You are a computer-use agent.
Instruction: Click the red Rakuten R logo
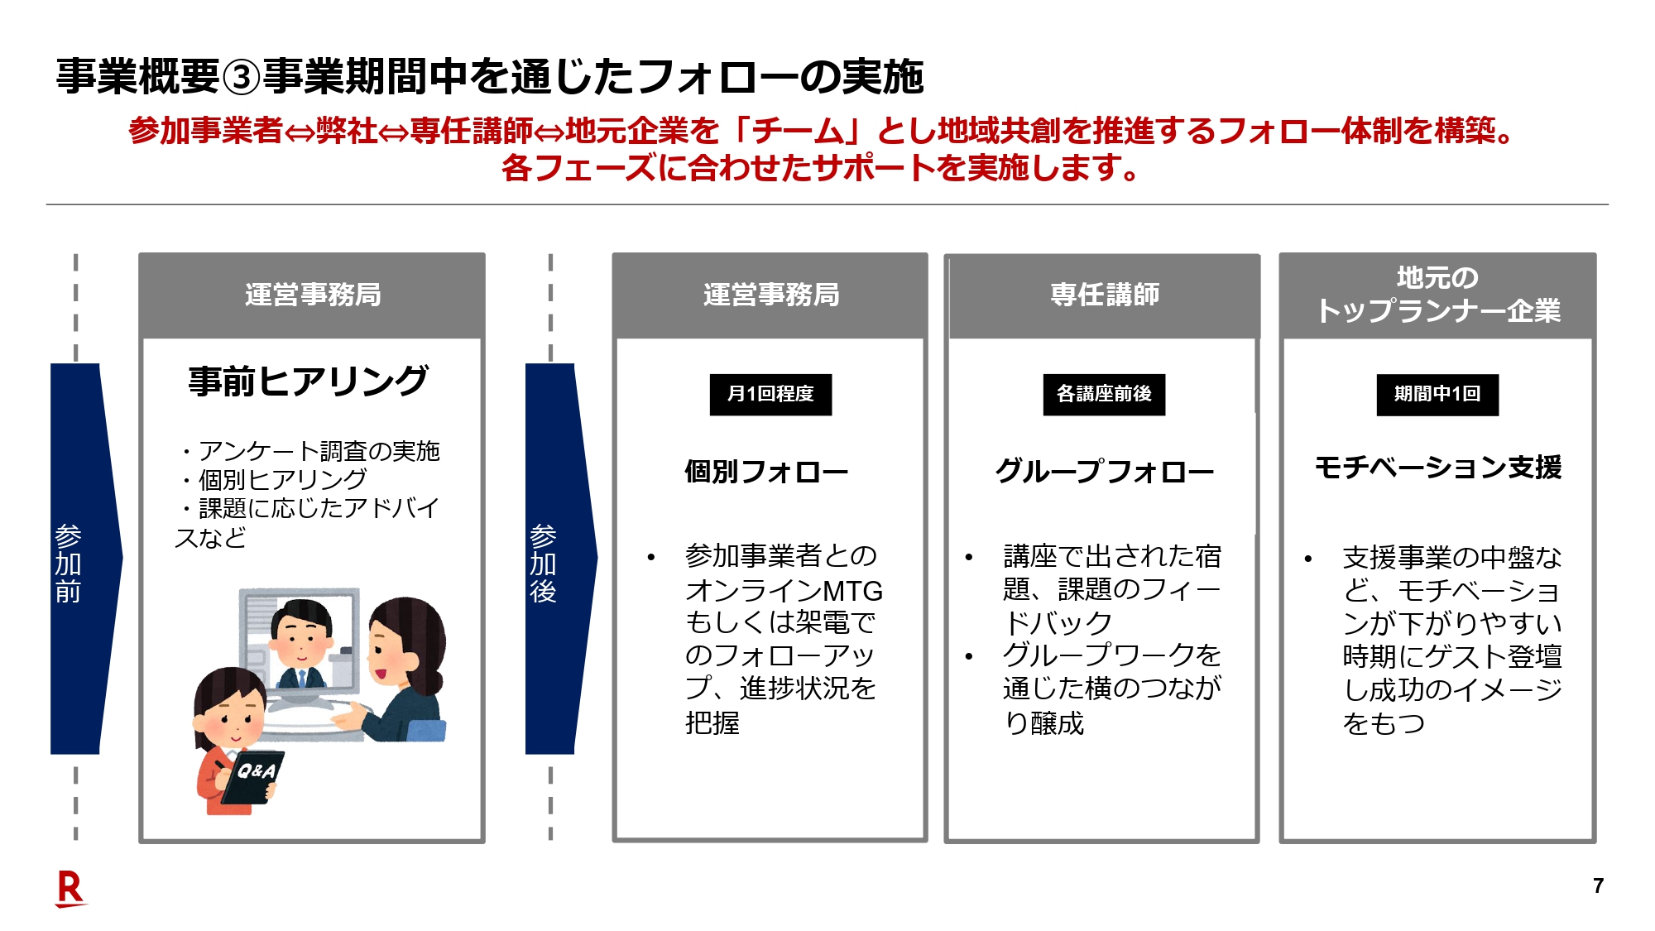[x=71, y=890]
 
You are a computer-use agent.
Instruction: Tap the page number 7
[x=1598, y=886]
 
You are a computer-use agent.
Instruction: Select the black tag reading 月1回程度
[x=770, y=394]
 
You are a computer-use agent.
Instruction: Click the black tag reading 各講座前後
[x=1104, y=394]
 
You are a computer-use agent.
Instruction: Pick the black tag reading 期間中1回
[x=1437, y=394]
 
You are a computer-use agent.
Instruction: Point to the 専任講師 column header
[x=1104, y=295]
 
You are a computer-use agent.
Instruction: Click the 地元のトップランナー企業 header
[x=1437, y=295]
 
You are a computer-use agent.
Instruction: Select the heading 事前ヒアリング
[x=308, y=382]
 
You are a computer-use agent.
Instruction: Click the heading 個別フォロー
[x=766, y=472]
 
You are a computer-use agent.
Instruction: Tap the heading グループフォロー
[x=1104, y=472]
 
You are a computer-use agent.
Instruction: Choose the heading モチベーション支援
[x=1437, y=468]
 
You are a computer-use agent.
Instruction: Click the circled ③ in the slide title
[x=242, y=77]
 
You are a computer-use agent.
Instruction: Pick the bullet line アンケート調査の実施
[x=318, y=451]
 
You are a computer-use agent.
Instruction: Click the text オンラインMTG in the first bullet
[x=784, y=590]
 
